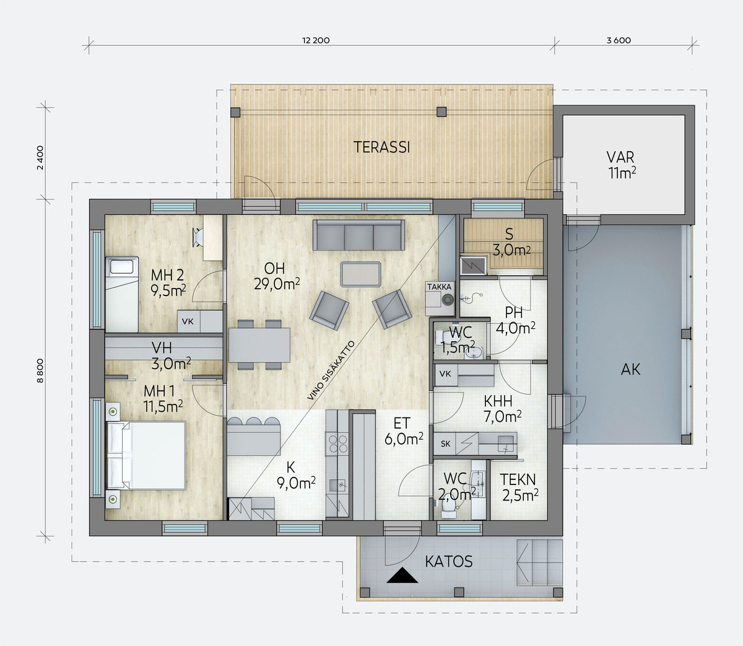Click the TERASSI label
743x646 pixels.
click(x=381, y=147)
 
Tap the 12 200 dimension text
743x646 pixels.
click(x=316, y=40)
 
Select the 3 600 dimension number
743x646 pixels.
click(x=619, y=40)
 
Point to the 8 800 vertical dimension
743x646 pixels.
click(x=40, y=370)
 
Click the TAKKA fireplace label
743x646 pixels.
click(x=440, y=287)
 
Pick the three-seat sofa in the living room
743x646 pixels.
click(x=358, y=235)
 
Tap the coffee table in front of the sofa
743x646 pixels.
click(x=360, y=274)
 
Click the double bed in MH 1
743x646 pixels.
click(x=146, y=455)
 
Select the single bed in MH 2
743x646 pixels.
click(x=121, y=294)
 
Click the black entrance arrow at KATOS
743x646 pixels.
click(x=402, y=575)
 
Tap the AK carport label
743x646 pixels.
click(x=630, y=370)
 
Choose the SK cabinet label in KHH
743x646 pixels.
click(x=446, y=443)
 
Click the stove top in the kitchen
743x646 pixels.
click(x=337, y=444)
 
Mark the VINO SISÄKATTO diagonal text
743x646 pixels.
click(x=331, y=370)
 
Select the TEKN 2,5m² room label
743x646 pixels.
click(x=519, y=487)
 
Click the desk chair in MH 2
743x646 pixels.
click(x=198, y=237)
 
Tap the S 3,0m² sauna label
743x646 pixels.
click(x=511, y=242)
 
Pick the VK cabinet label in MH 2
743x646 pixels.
click(x=188, y=321)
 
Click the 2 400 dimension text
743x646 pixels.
click(x=40, y=157)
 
